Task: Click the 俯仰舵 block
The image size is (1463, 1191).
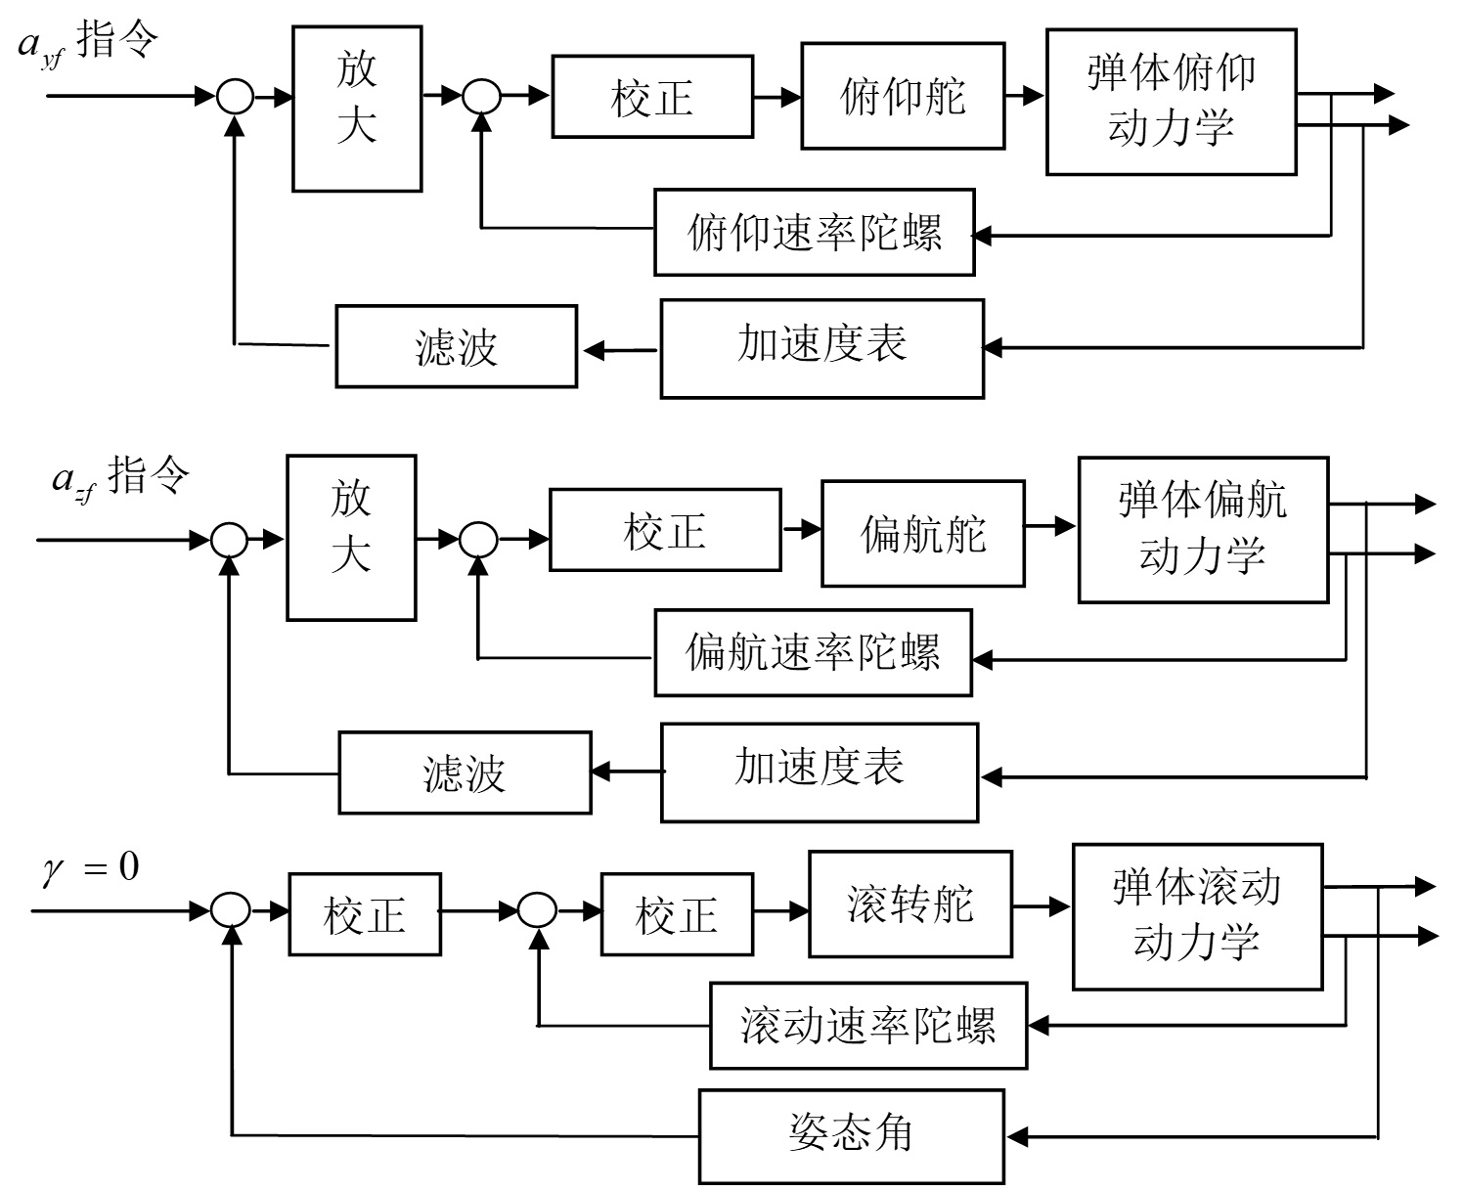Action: click(x=903, y=96)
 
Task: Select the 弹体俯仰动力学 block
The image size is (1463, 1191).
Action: click(x=1171, y=102)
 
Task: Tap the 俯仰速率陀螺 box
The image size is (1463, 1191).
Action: click(x=815, y=233)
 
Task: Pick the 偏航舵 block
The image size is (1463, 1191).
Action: click(x=922, y=533)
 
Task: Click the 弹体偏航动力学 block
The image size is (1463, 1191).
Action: click(x=1203, y=529)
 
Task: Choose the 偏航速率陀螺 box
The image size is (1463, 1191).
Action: click(x=813, y=652)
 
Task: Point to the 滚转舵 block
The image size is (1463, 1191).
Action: click(x=909, y=904)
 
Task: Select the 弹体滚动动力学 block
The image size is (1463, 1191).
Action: click(x=1197, y=916)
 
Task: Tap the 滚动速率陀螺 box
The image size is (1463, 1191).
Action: click(x=867, y=1026)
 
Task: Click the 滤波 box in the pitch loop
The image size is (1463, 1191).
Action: click(x=456, y=346)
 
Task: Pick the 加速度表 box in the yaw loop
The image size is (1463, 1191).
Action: click(x=820, y=772)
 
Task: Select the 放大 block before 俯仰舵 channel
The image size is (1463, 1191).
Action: click(x=357, y=109)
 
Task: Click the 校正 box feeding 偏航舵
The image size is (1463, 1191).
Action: click(x=665, y=529)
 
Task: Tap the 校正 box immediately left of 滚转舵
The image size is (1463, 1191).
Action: click(x=677, y=915)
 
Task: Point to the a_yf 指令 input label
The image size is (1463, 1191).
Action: click(x=88, y=43)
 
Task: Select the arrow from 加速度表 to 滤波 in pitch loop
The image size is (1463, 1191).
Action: click(x=619, y=348)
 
